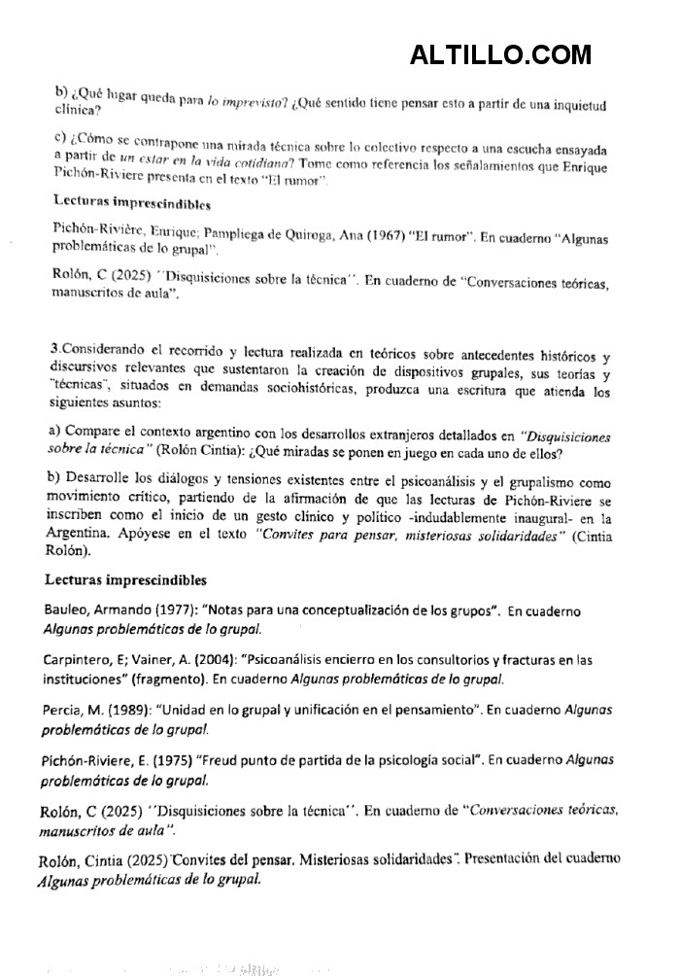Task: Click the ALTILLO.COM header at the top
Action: click(500, 54)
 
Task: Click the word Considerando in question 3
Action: click(109, 348)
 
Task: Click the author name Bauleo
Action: click(71, 612)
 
